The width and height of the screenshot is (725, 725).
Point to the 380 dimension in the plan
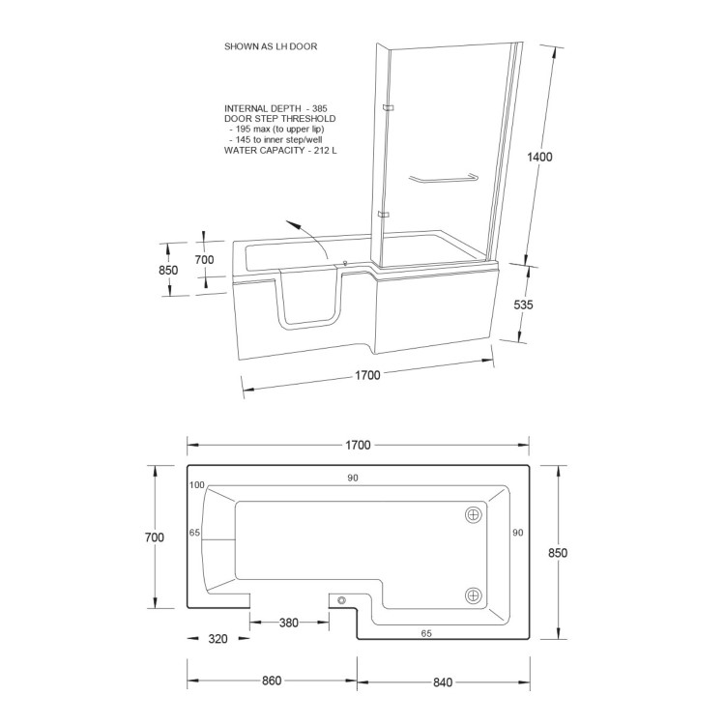pyautogui.click(x=287, y=623)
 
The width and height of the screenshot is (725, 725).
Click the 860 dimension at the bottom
pyautogui.click(x=271, y=681)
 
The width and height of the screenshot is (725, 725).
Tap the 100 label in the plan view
pyautogui.click(x=198, y=484)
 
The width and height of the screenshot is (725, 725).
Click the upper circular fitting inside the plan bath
pyautogui.click(x=474, y=515)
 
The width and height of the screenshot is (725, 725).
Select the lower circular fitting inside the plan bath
pyautogui.click(x=474, y=595)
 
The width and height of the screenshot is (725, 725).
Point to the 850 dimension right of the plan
pyautogui.click(x=557, y=553)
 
